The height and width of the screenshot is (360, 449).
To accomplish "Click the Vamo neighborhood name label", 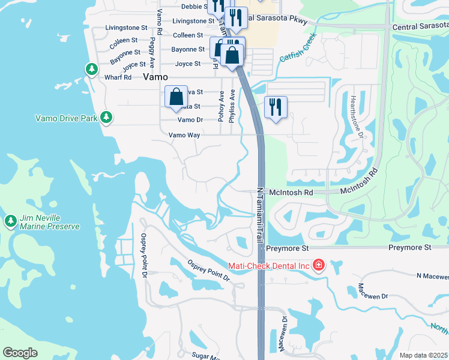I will [155, 77].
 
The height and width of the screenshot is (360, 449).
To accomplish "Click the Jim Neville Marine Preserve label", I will [50, 222].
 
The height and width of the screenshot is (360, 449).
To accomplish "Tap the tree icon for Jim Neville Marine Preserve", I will [10, 221].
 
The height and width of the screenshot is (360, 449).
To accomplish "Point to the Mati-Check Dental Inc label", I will [268, 265].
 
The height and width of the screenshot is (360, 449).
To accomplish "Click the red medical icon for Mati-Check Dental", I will [318, 265].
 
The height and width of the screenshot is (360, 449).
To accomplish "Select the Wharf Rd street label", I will [118, 77].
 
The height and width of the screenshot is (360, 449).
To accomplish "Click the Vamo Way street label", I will [184, 135].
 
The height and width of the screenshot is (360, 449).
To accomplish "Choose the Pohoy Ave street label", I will [221, 106].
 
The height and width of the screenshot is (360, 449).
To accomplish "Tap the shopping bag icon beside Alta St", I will [176, 96].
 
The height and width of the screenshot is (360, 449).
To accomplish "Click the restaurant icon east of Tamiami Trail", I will [276, 107].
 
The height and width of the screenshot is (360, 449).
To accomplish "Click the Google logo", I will [20, 352].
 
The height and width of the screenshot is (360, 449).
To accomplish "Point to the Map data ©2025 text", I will [424, 355].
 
